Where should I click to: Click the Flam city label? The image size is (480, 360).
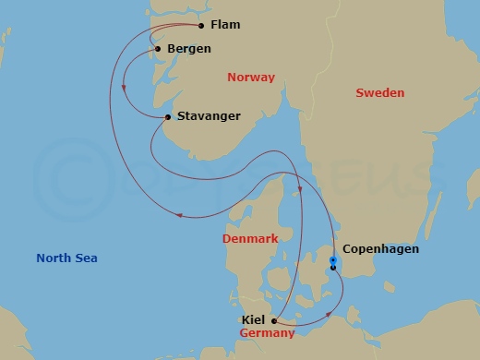click(x=224, y=25)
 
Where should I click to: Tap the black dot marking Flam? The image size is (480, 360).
click(x=201, y=26)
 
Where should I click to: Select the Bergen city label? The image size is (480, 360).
click(x=188, y=48)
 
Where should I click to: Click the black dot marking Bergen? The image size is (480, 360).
click(x=159, y=49)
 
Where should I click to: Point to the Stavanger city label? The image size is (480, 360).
click(x=208, y=116)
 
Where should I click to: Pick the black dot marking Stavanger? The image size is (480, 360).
click(x=167, y=117)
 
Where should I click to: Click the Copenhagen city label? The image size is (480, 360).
click(x=380, y=249)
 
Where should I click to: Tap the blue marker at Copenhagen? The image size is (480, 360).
click(x=332, y=262)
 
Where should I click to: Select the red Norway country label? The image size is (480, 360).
click(x=251, y=78)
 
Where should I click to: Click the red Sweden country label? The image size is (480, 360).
click(x=380, y=93)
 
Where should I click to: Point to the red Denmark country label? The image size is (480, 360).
click(x=250, y=239)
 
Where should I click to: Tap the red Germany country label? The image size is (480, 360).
click(x=267, y=332)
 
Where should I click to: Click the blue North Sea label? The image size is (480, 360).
click(x=66, y=258)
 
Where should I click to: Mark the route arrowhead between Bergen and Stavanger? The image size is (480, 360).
click(x=125, y=90)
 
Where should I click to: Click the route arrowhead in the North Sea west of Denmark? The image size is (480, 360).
click(x=180, y=216)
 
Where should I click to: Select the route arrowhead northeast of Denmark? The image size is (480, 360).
click(x=301, y=192)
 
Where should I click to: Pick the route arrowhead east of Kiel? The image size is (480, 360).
click(x=330, y=315)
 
